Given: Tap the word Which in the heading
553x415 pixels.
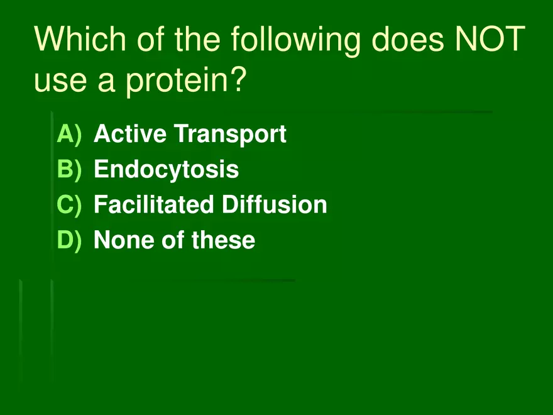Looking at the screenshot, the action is click(80, 38).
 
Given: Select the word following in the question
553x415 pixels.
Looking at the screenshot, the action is click(295, 41).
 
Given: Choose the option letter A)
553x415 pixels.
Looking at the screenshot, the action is click(70, 135).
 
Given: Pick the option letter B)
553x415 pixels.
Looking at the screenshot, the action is click(70, 170).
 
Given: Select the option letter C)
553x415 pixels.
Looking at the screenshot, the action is click(70, 205).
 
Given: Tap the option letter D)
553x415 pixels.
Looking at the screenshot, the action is click(70, 240).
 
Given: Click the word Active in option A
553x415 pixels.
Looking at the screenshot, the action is click(130, 133).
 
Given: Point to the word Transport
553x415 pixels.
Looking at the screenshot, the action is click(230, 135).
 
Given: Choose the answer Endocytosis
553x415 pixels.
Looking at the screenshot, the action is click(166, 170).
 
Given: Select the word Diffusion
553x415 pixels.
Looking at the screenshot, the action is click(275, 204).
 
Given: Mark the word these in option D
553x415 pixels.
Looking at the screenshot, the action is click(223, 240).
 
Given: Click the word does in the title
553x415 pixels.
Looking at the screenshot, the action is click(408, 38).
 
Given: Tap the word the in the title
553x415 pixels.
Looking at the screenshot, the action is click(197, 38).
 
